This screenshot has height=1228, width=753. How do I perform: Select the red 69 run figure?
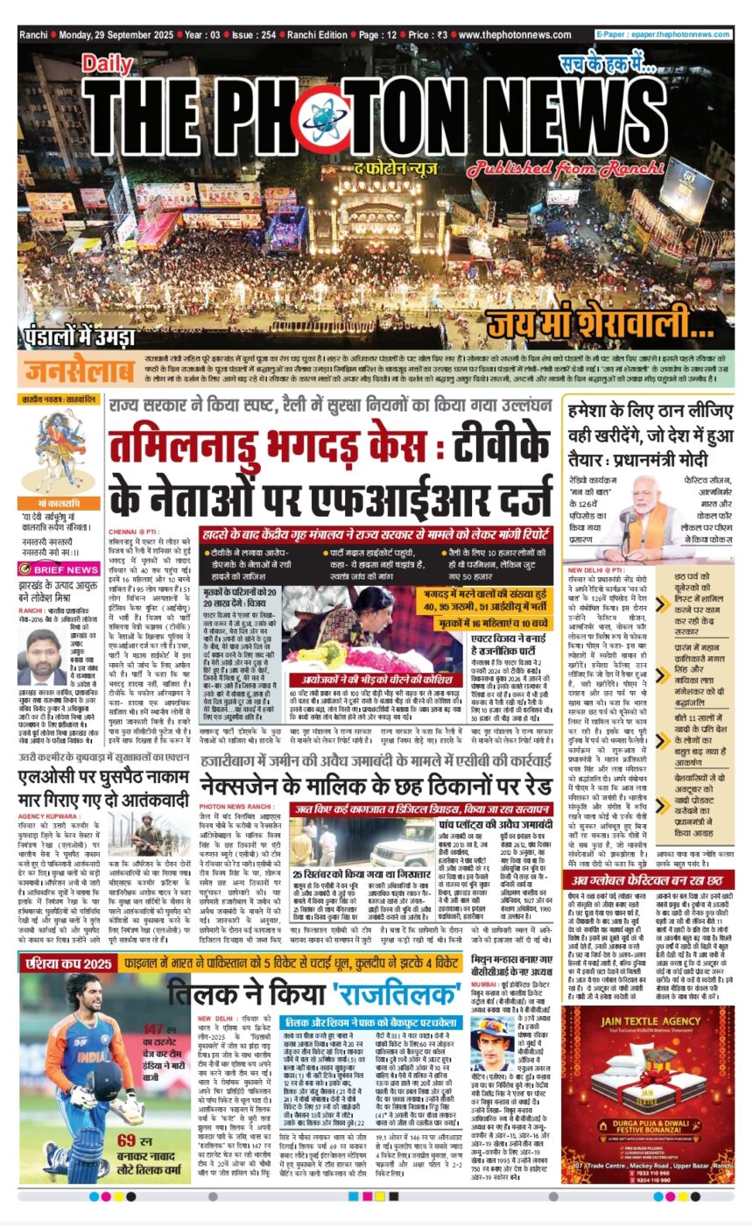click(131, 1138)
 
